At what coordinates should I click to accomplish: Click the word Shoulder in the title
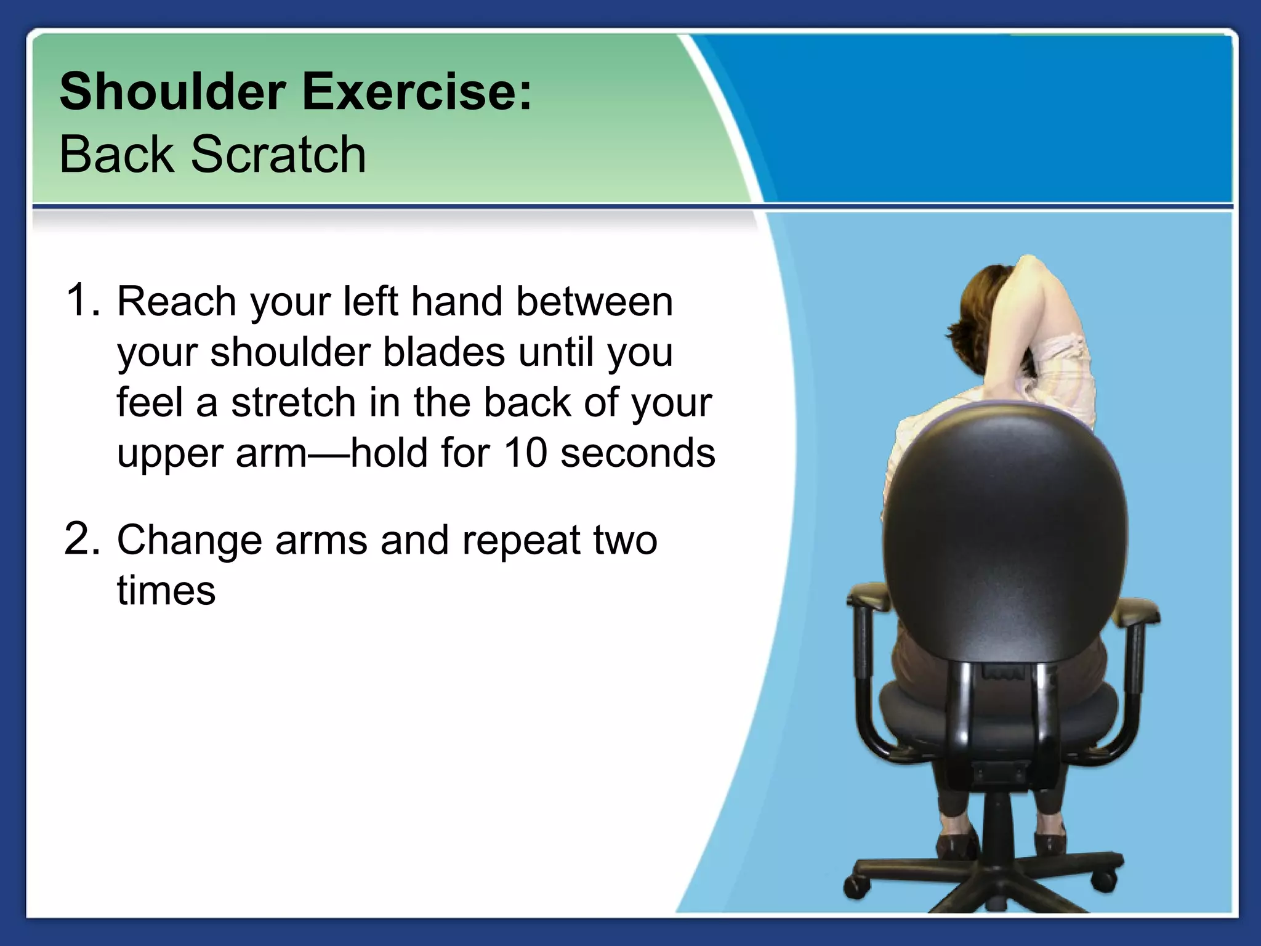[172, 92]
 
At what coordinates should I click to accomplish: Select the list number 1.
[81, 301]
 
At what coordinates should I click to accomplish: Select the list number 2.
[81, 539]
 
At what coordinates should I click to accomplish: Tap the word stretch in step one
[295, 403]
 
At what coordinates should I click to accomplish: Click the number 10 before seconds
[525, 453]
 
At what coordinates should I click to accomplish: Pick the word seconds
[638, 453]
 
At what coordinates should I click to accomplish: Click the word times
[166, 591]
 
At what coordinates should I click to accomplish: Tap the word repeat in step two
[521, 540]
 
